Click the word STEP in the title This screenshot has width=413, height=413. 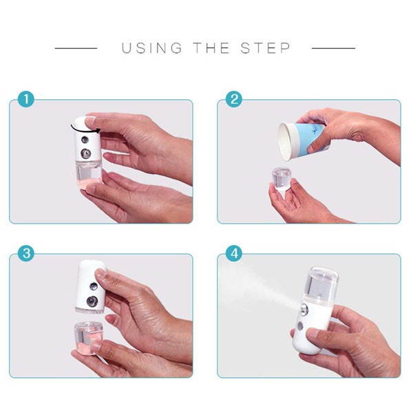pyautogui.click(x=266, y=48)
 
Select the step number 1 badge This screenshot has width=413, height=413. pyautogui.click(x=25, y=100)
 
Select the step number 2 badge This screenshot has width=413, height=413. pyautogui.click(x=234, y=100)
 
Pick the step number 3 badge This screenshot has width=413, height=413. pyautogui.click(x=25, y=253)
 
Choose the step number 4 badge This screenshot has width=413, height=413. pyautogui.click(x=234, y=253)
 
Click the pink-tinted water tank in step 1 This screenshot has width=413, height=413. pyautogui.click(x=89, y=179)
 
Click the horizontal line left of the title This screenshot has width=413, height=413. pyautogui.click(x=76, y=48)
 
